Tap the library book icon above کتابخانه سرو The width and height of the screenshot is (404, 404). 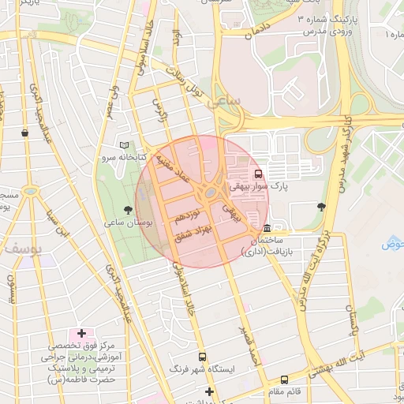coord(123,145)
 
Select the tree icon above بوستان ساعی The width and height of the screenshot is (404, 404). coord(128,210)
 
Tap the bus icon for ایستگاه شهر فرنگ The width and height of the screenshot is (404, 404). coord(202,356)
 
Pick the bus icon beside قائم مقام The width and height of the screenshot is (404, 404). coord(284,380)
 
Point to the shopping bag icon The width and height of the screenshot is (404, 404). coord(25,133)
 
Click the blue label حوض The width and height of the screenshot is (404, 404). coord(392,244)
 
